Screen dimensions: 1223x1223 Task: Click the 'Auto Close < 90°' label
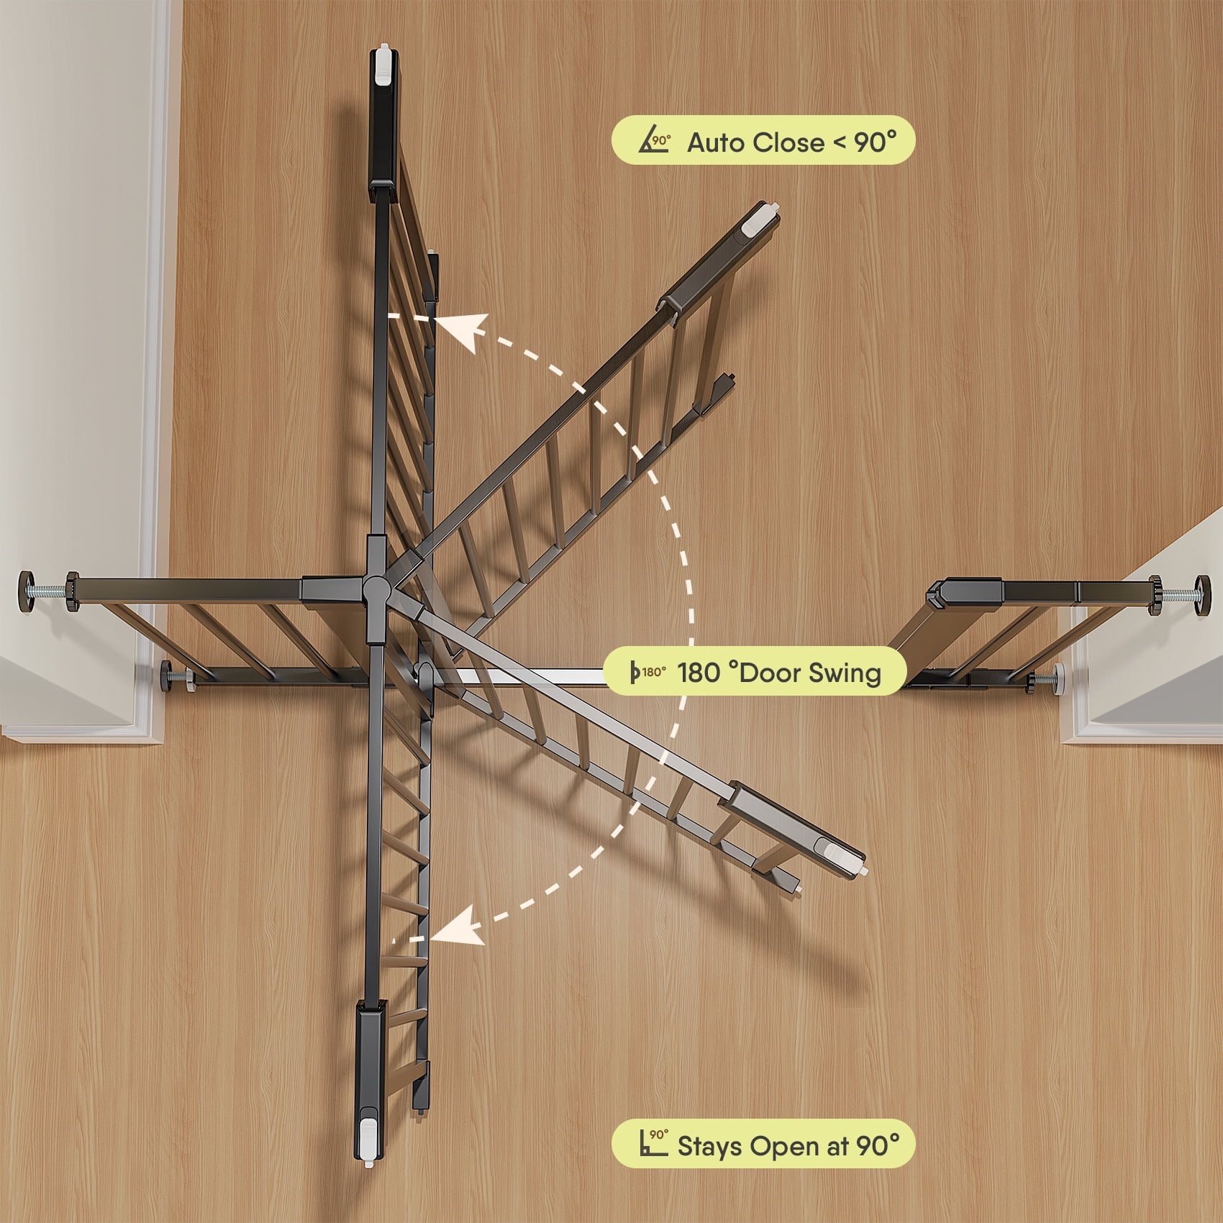792,142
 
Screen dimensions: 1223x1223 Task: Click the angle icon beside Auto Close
654,141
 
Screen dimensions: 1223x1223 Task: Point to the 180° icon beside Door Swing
647,672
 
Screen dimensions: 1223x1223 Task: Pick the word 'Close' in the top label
790,142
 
